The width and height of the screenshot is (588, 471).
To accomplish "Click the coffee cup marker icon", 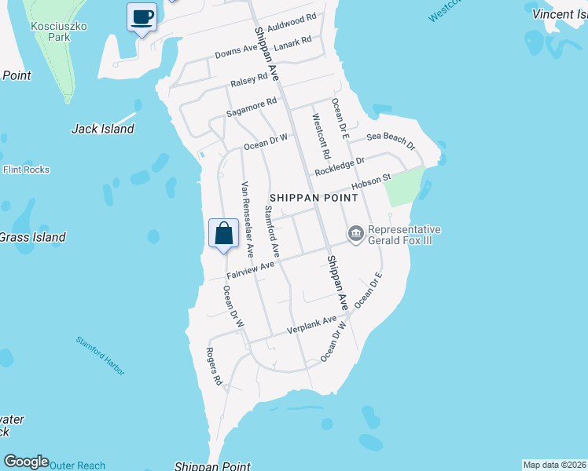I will (x=141, y=16).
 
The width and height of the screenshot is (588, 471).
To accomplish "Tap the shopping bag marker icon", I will (x=223, y=233).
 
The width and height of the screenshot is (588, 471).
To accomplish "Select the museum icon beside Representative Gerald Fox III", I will (x=355, y=234).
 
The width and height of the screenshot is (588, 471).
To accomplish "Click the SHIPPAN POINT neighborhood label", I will (x=314, y=198).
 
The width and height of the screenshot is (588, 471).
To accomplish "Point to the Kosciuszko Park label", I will (x=58, y=31).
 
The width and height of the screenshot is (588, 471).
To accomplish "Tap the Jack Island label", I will (x=103, y=129).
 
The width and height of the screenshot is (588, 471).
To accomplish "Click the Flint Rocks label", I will (x=26, y=170).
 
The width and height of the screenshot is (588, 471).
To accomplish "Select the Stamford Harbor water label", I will (x=101, y=355).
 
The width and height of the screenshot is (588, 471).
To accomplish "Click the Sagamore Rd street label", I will (x=252, y=108).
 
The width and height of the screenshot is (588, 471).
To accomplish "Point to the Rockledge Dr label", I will (x=340, y=166).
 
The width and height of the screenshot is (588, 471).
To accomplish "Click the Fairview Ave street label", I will (x=250, y=270).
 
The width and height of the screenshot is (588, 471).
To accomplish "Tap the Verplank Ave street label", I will (x=311, y=324).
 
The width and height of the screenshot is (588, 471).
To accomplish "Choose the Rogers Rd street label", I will (x=214, y=366).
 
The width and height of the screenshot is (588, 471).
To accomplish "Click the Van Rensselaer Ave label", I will (x=247, y=219).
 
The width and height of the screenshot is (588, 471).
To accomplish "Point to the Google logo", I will (x=26, y=462).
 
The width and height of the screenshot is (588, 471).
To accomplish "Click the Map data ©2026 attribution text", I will (x=554, y=465).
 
